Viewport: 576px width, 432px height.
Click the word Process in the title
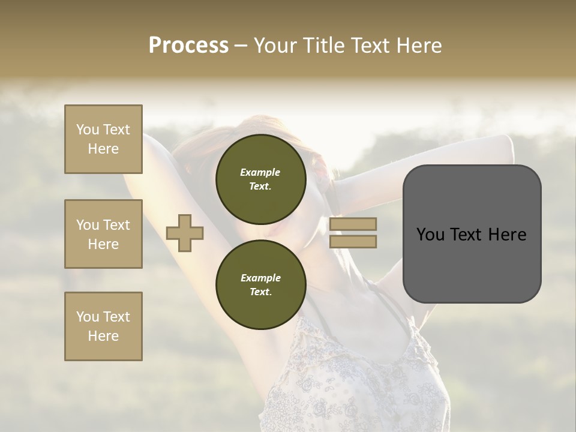point(188,46)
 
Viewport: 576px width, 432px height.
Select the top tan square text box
point(103,139)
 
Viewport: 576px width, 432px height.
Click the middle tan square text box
point(103,234)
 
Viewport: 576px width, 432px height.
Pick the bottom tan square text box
point(103,326)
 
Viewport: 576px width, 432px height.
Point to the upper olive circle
point(260,179)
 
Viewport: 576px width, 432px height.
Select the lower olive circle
point(260,284)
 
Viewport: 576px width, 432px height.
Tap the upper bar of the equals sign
point(353,224)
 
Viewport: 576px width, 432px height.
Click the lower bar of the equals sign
point(353,241)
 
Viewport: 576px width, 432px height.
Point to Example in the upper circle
point(260,172)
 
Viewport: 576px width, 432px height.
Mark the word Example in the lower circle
point(260,278)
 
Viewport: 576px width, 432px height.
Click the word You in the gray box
point(430,235)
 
